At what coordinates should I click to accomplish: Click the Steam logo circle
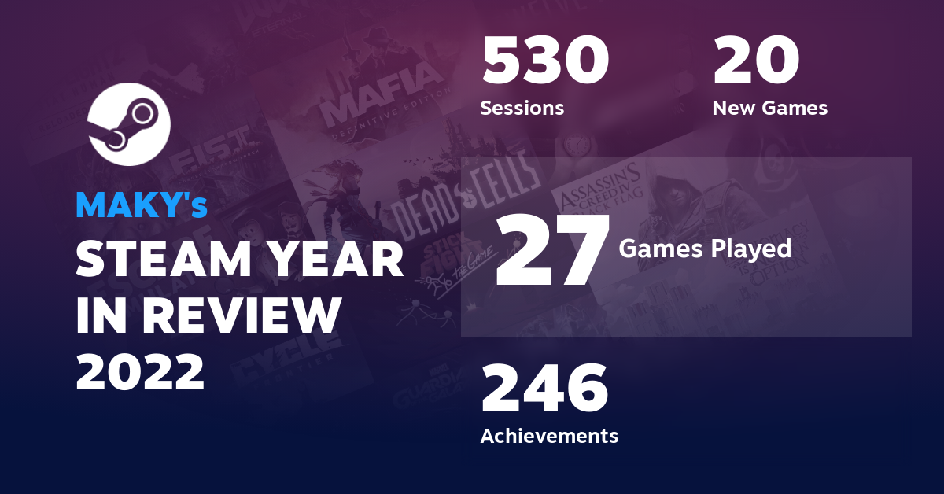[128, 124]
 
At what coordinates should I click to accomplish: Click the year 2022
[140, 370]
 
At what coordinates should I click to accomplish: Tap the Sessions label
[522, 108]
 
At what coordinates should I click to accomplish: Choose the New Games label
[769, 108]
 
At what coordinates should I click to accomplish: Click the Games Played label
[705, 249]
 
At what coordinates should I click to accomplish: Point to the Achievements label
[549, 435]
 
